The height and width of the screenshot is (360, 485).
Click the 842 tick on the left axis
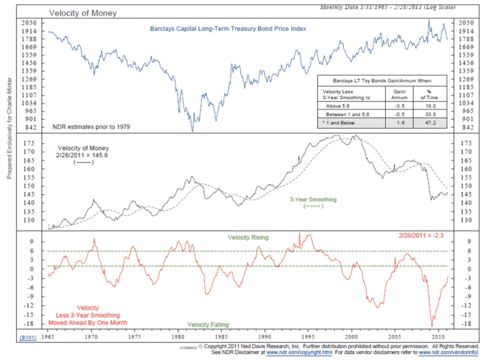point(27,128)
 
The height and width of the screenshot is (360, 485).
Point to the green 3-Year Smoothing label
point(313,200)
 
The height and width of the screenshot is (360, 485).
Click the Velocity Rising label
point(248,237)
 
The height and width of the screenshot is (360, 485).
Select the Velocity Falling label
point(208,325)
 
